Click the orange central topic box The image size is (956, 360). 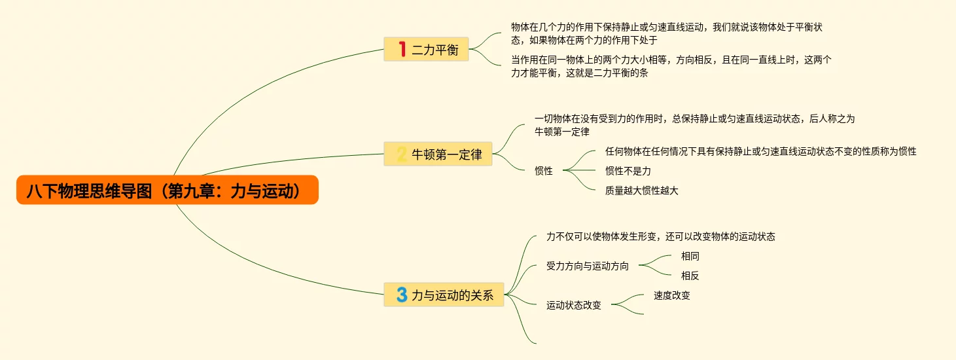point(167,190)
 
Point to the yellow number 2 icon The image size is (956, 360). point(402,154)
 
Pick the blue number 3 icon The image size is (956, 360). point(402,295)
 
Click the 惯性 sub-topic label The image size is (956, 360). point(543,171)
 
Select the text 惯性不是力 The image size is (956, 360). point(628,171)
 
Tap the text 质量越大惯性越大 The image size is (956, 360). point(641,190)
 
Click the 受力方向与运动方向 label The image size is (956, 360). point(587,266)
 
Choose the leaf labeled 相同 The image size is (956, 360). point(690,256)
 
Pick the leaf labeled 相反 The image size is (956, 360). point(690,276)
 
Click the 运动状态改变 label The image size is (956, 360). point(573,305)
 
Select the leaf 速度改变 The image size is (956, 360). point(671,295)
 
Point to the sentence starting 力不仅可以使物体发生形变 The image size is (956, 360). point(660,236)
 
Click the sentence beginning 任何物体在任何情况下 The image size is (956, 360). point(760,151)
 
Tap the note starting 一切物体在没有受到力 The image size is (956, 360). point(694,125)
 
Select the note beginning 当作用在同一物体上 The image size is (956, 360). point(671,66)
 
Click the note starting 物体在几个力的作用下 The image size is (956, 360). point(671,33)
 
